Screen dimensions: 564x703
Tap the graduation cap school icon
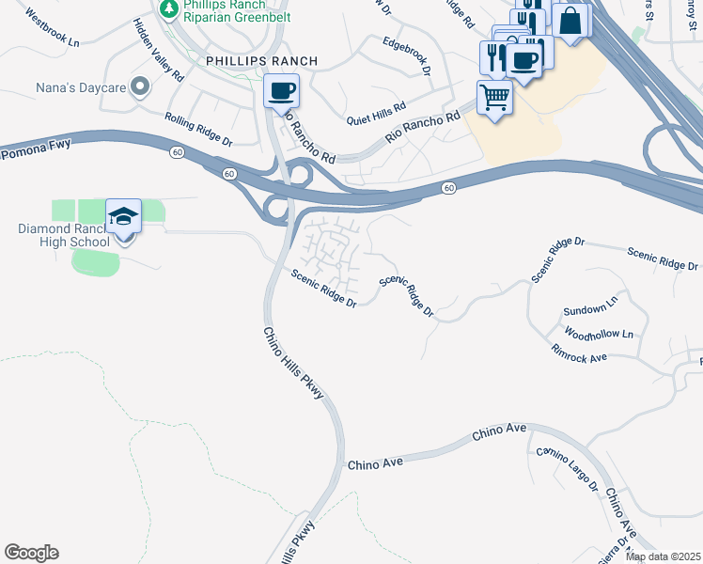pos(124,216)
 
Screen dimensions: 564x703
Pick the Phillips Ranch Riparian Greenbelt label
pos(237,10)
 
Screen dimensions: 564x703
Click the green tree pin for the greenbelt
pos(169,9)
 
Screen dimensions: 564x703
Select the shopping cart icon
pos(494,96)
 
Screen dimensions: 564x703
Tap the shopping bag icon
pos(570,20)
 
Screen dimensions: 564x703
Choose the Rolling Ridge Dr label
pos(198,129)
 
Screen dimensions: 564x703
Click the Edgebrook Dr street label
pos(406,55)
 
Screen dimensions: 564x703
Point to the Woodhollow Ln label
pos(599,333)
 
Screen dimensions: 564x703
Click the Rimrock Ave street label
pos(580,352)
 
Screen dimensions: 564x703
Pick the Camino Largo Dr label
pos(568,469)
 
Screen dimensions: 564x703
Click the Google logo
pos(31,553)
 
